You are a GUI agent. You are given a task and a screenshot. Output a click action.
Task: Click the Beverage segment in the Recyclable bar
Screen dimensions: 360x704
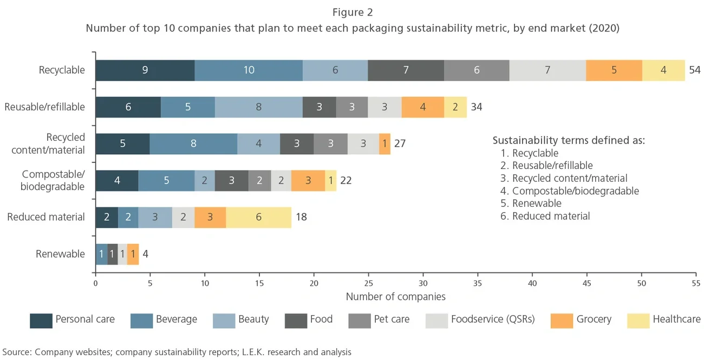tap(249, 70)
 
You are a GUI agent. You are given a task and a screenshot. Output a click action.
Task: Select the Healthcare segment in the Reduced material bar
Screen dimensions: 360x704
tap(258, 217)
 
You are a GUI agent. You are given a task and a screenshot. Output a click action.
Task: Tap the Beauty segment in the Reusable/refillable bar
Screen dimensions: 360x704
tap(258, 107)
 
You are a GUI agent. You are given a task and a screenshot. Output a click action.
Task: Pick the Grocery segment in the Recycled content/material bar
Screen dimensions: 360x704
tap(384, 144)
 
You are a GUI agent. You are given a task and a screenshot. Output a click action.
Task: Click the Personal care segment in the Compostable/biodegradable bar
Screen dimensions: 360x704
tap(117, 180)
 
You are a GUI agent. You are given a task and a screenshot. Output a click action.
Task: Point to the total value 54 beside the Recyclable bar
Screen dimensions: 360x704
tap(694, 70)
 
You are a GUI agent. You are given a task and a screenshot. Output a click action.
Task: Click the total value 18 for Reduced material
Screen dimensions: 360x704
tap(301, 217)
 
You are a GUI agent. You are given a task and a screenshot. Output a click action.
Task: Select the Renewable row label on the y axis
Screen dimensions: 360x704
tap(60, 254)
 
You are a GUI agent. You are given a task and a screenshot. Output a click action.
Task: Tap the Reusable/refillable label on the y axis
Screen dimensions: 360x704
tap(44, 107)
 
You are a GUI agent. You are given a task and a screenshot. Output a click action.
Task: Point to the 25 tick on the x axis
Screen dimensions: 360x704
tap(369, 283)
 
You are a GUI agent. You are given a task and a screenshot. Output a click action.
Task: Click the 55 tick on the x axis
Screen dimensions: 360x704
tap(696, 283)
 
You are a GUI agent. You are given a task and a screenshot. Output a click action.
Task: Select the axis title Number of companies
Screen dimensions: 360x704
tap(395, 297)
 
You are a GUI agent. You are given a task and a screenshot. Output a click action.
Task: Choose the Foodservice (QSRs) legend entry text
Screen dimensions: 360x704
tap(492, 319)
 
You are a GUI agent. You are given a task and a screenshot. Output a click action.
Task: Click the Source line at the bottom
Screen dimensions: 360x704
tap(177, 352)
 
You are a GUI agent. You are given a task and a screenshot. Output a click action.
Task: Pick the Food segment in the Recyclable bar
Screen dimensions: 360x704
tap(406, 70)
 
